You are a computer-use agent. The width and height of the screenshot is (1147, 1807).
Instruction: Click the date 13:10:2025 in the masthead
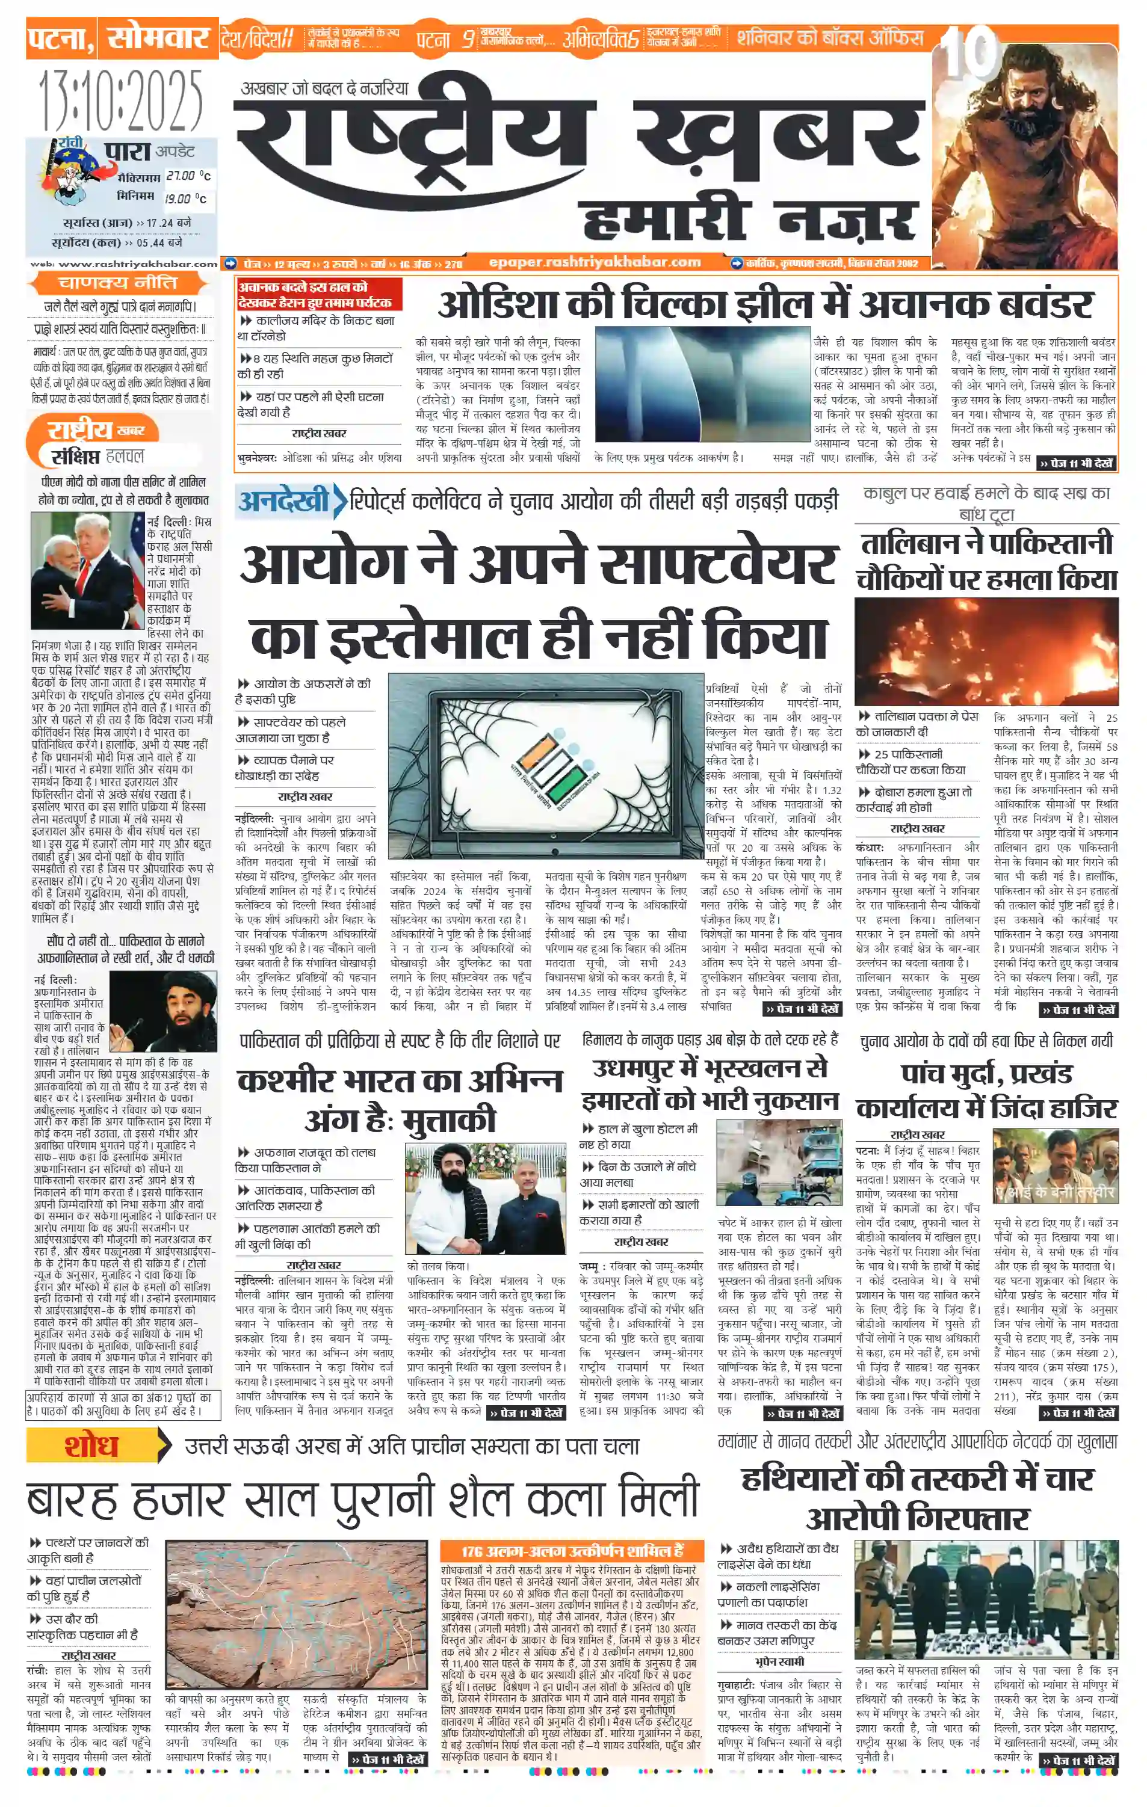coord(120,100)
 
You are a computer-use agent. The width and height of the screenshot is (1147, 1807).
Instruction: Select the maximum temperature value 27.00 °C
coord(188,176)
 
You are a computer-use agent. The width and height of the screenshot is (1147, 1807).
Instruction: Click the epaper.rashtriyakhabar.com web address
coord(595,262)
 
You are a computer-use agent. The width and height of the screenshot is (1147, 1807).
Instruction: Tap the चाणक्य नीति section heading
coord(118,283)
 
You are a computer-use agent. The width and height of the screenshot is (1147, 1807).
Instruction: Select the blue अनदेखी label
coord(284,500)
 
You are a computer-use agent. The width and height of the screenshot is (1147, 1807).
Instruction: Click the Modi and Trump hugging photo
coord(88,570)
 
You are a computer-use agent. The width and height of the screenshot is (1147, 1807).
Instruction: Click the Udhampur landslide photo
coord(779,1164)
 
